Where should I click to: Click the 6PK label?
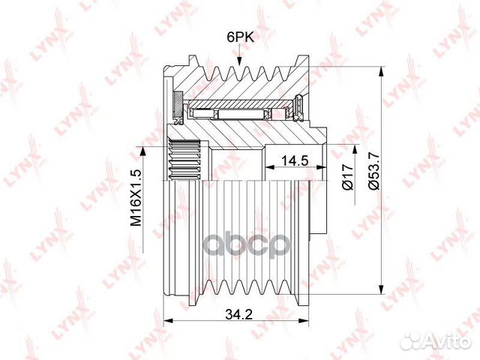tap(240, 37)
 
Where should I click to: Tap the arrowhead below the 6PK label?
tap(239, 60)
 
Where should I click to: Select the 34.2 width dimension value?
tap(238, 314)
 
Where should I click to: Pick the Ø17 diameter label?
tap(349, 177)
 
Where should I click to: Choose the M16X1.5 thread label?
tap(136, 197)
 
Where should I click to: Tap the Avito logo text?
tap(450, 340)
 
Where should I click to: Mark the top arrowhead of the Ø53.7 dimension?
tap(381, 72)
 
